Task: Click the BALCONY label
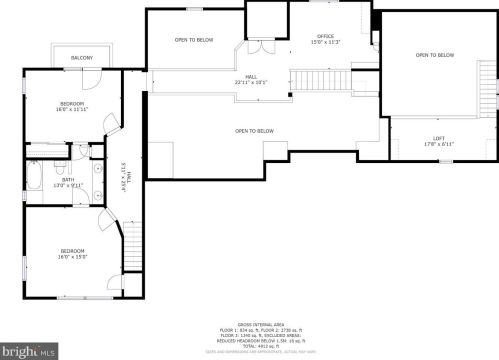point(82,58)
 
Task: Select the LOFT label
point(438,138)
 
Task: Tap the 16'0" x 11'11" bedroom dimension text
point(71,108)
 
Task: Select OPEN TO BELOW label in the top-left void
point(193,40)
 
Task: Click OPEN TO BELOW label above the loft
point(434,55)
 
